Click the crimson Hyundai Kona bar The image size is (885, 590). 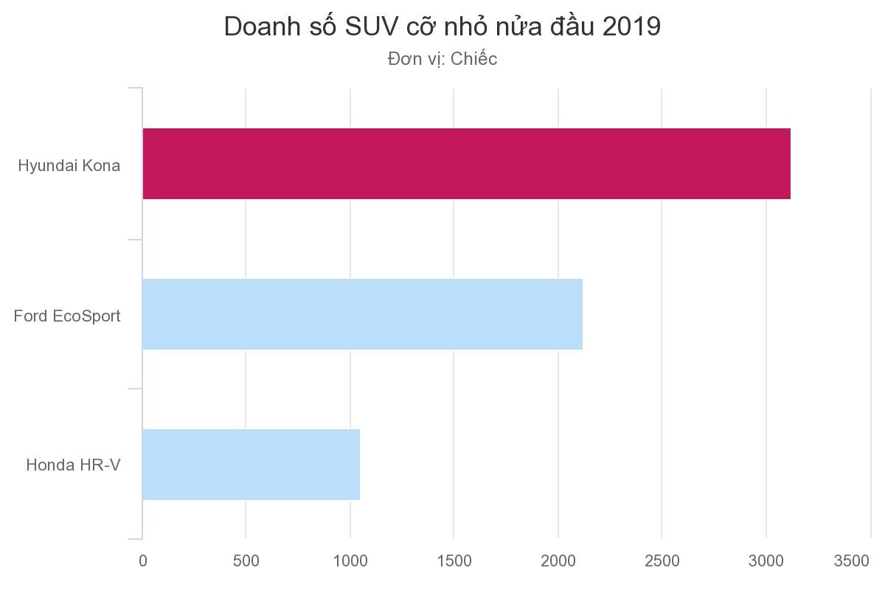click(x=466, y=164)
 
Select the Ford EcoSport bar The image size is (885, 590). click(x=362, y=314)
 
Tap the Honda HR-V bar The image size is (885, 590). click(x=251, y=465)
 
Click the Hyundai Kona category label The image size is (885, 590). click(x=69, y=166)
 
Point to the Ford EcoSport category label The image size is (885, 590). click(x=67, y=316)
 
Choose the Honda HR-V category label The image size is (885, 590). click(x=73, y=465)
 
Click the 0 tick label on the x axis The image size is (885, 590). click(x=142, y=561)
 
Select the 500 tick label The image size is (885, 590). click(x=246, y=561)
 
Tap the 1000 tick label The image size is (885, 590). click(x=350, y=561)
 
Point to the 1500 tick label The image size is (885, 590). click(x=454, y=561)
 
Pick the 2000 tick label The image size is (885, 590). click(x=558, y=561)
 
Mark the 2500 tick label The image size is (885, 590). click(x=662, y=561)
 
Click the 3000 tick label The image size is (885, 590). click(x=766, y=561)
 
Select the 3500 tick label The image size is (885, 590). click(x=852, y=561)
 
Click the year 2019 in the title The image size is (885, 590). click(x=631, y=27)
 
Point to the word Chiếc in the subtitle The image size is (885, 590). click(x=473, y=59)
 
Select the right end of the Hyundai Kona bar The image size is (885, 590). click(x=788, y=164)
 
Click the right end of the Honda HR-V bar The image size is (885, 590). click(x=358, y=465)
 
